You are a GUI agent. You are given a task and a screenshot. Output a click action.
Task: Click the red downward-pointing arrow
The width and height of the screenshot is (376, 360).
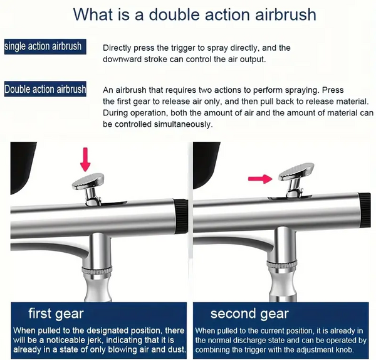pyautogui.click(x=86, y=159)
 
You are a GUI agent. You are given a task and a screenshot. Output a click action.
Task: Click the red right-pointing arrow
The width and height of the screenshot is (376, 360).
pyautogui.click(x=261, y=179)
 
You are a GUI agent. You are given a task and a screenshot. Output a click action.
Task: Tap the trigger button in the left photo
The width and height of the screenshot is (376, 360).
pyautogui.click(x=86, y=183)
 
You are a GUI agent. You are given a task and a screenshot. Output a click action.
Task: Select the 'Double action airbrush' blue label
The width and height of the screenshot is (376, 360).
pyautogui.click(x=45, y=89)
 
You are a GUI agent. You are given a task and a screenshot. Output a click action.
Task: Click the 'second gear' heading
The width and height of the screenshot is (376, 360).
pyautogui.click(x=249, y=314)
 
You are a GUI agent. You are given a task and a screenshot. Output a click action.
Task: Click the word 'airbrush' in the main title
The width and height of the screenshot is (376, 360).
pyautogui.click(x=286, y=13)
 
